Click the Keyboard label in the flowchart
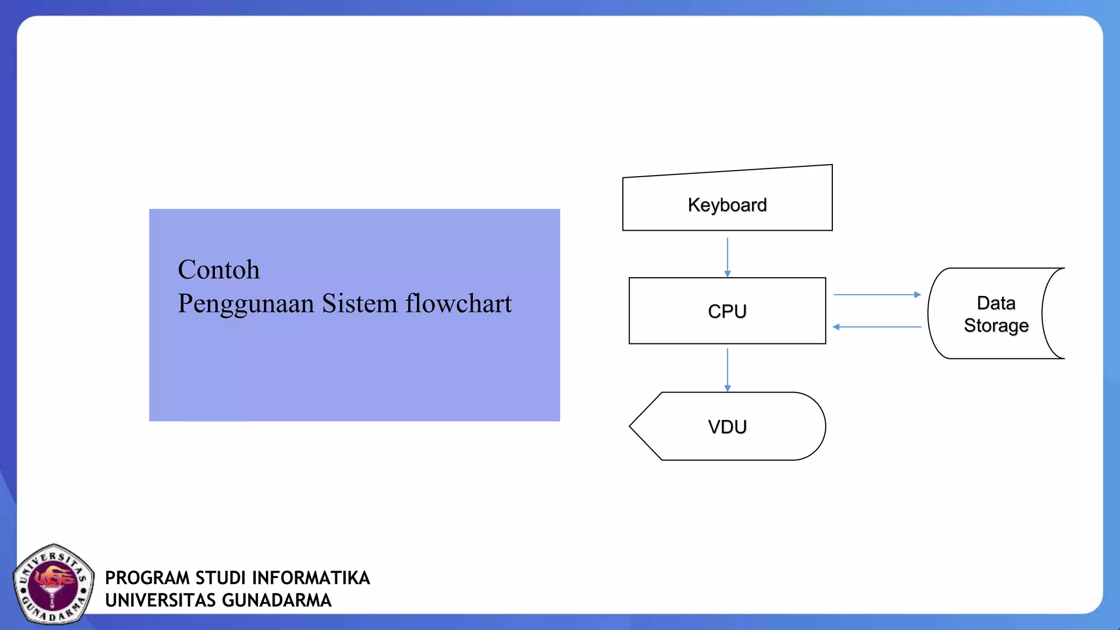click(727, 205)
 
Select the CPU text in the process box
click(727, 311)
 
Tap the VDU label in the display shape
click(727, 427)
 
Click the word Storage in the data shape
click(996, 325)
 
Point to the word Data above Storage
click(996, 302)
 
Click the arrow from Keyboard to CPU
click(727, 257)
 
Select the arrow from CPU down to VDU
click(727, 370)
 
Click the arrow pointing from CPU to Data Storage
click(877, 295)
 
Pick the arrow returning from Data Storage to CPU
click(877, 327)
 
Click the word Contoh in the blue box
click(219, 270)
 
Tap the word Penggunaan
click(246, 304)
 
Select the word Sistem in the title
click(359, 304)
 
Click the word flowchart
click(458, 304)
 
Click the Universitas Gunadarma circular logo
click(53, 584)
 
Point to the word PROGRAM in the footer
click(147, 578)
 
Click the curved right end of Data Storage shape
click(1046, 313)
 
